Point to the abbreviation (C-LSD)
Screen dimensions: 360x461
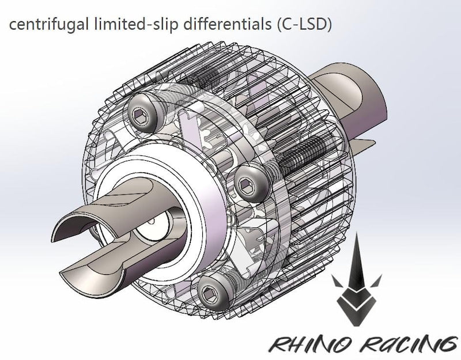274,26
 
